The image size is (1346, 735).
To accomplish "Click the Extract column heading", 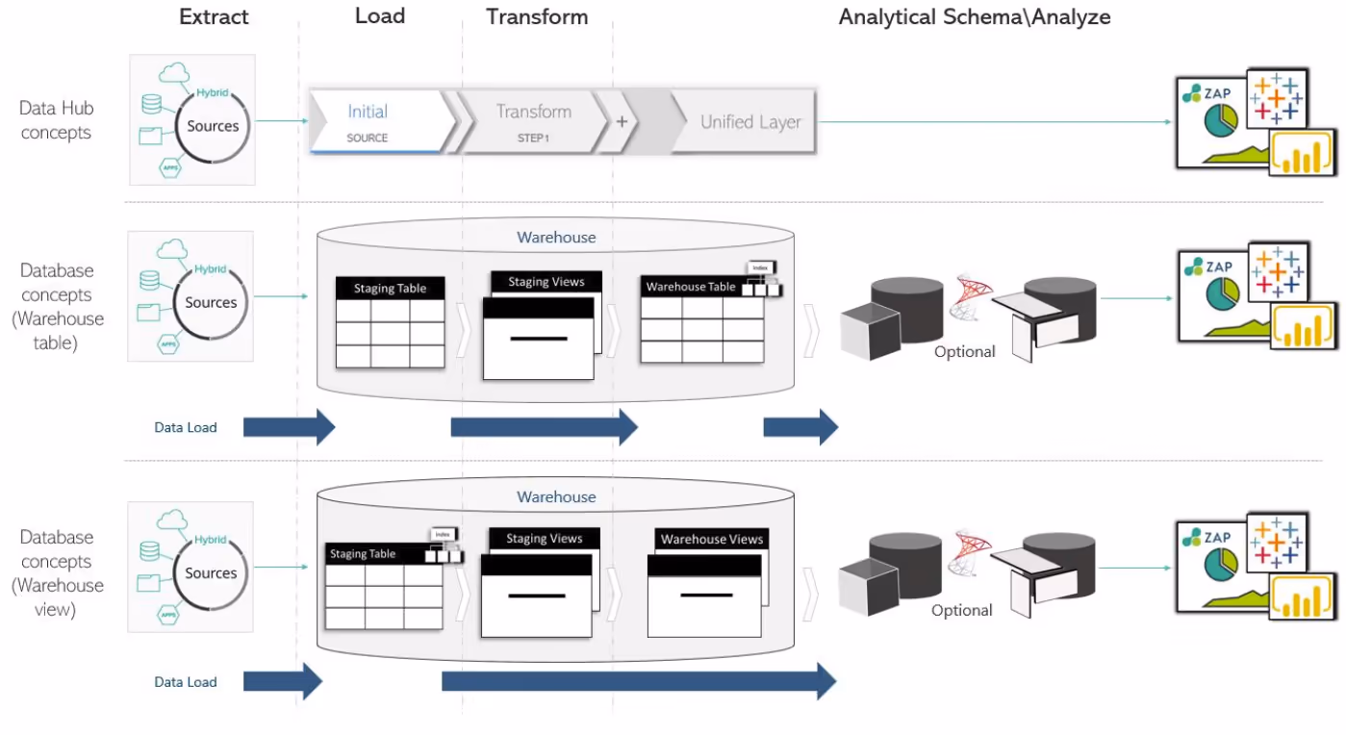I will tap(214, 17).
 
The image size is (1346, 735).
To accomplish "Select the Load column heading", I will tap(380, 16).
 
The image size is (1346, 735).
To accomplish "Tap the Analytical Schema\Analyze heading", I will tap(975, 17).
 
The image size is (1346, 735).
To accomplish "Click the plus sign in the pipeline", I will tap(622, 122).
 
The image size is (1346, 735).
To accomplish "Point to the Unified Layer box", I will tap(749, 122).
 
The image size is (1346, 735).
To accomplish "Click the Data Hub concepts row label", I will tap(56, 120).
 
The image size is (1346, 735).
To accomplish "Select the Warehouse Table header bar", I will tap(690, 287).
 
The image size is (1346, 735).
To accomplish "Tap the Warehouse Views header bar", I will tap(711, 540).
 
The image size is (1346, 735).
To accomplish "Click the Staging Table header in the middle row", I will tap(390, 288).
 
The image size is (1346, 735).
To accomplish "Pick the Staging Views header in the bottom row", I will tap(545, 539).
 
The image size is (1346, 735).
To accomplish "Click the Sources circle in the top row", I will tap(213, 126).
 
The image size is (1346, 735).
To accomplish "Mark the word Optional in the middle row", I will tap(964, 352).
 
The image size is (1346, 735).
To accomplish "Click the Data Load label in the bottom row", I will tap(186, 682).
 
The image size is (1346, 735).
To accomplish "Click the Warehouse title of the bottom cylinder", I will tap(556, 497).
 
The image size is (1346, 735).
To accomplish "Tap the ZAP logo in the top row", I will tap(1210, 92).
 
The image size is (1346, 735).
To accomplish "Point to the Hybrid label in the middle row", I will tap(211, 269).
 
